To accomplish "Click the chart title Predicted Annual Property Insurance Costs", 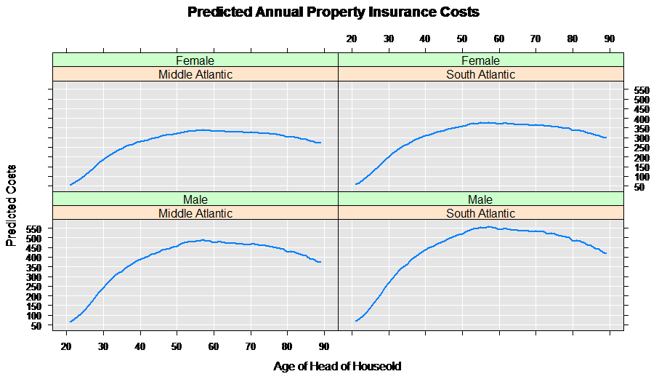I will click(x=333, y=12).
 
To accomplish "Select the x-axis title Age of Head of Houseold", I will click(x=337, y=366).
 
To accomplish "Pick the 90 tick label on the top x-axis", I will click(x=609, y=39).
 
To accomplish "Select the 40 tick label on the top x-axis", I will click(x=425, y=39).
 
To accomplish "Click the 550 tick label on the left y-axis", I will click(x=34, y=228).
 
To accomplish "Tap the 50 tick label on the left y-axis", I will click(x=37, y=325).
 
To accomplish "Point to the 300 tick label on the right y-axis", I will click(x=641, y=138).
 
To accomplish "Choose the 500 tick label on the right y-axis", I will click(x=641, y=100).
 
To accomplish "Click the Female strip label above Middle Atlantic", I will click(x=195, y=60).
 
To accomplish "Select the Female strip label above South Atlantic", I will click(x=480, y=60).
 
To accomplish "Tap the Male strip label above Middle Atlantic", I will click(x=195, y=199).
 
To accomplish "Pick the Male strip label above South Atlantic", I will click(x=480, y=199).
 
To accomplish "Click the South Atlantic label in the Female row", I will click(x=480, y=74).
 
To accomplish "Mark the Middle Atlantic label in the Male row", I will click(x=195, y=213).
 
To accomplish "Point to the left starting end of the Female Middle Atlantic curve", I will click(x=70, y=185).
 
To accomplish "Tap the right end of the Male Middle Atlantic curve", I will click(x=320, y=262).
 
